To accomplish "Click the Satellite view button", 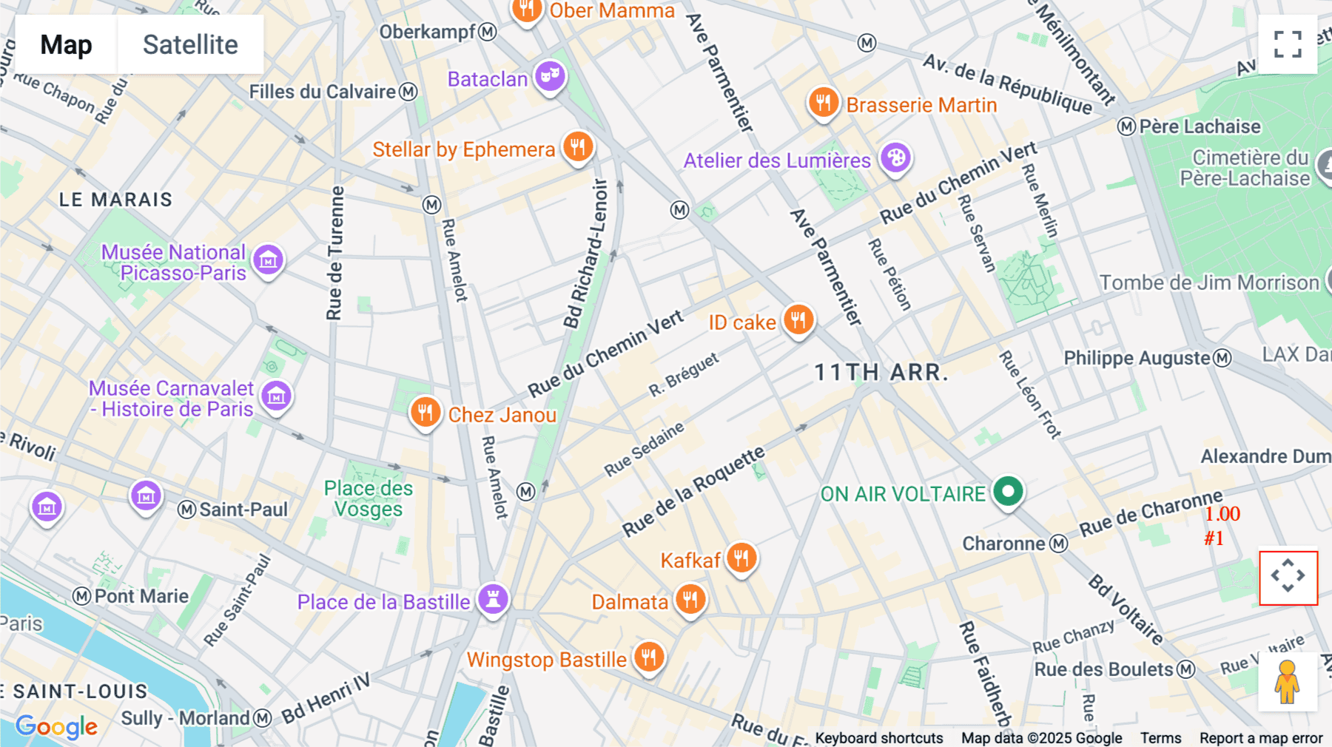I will coord(190,44).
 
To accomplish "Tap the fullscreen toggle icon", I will coord(1288,44).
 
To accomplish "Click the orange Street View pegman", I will coord(1288,682).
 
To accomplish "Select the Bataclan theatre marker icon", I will coord(550,75).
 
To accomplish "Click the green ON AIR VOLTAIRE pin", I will coord(1008,491).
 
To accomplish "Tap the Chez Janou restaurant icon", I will coord(425,412).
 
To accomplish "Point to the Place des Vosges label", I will coord(369,498).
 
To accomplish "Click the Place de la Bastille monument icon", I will coord(493,598).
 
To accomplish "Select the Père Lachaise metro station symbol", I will coord(1126,126).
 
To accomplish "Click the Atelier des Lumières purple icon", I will coord(895,158).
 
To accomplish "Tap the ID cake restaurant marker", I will coord(798,320).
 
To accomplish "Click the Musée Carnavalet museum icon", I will coord(277,396).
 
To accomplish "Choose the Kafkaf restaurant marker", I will coord(741,558).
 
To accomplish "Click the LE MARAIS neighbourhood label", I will coord(115,200).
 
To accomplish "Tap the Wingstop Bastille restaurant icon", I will coord(649,656).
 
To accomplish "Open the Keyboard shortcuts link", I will coord(878,738).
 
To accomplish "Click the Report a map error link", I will coord(1260,738).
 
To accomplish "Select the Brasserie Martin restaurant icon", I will coord(823,103).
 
